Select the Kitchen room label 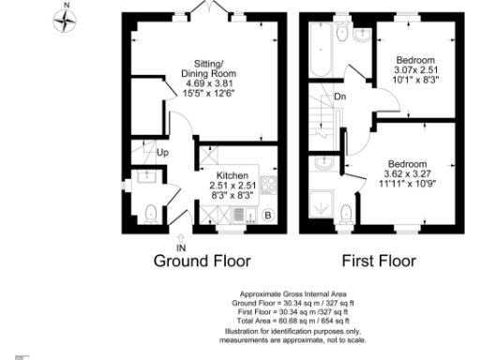coord(232,176)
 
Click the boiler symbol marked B coord(267,215)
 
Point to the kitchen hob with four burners coord(268,185)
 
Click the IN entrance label coord(181,247)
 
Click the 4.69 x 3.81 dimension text coord(206,84)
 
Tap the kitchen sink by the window coord(239,215)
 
